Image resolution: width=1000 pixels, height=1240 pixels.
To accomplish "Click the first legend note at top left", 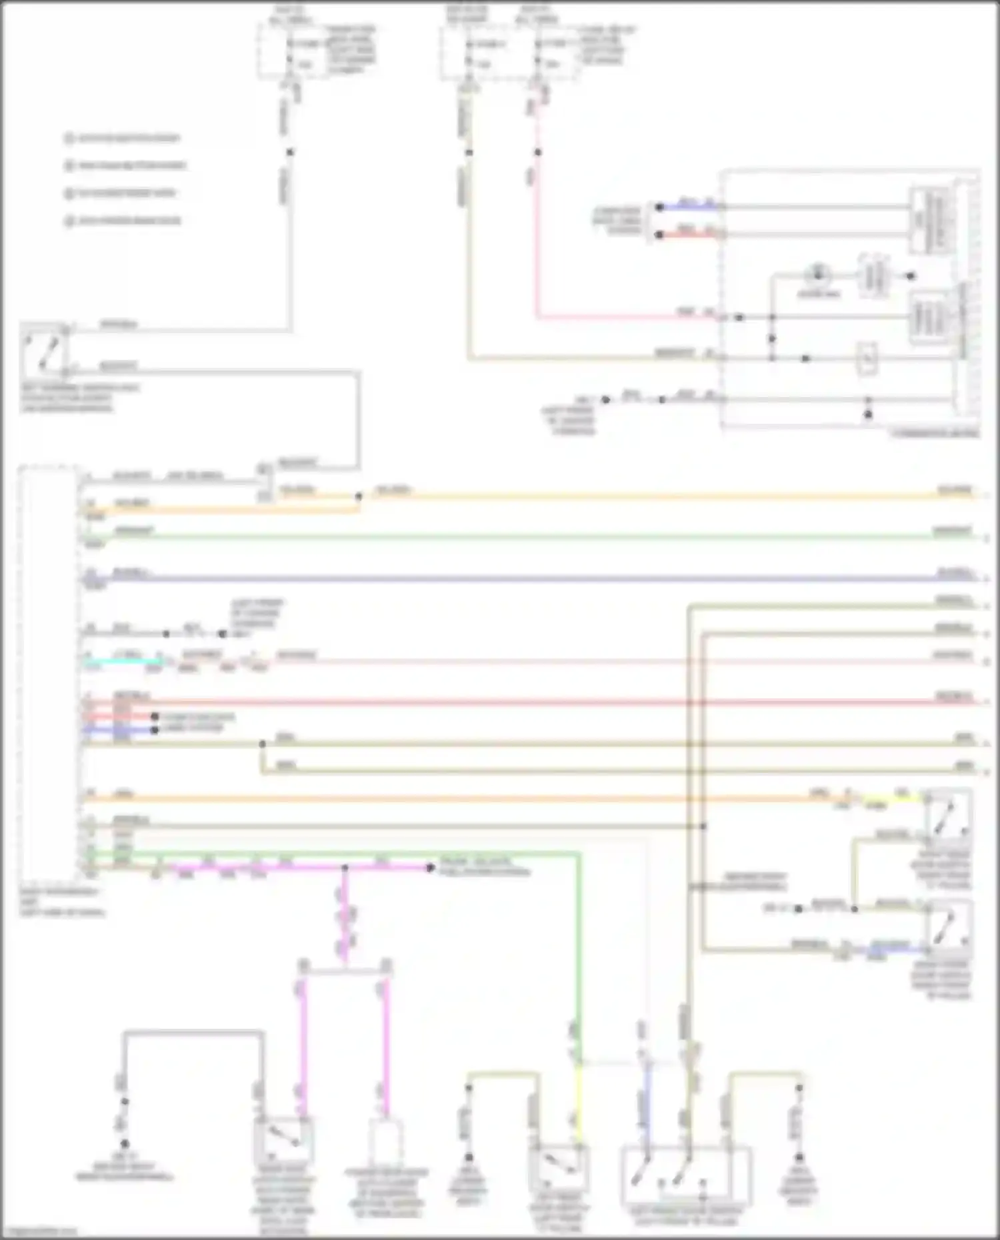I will click(x=123, y=139).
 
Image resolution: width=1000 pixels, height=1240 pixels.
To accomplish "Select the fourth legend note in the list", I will click(x=123, y=221).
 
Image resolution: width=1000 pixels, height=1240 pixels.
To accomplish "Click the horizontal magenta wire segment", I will click(x=300, y=868).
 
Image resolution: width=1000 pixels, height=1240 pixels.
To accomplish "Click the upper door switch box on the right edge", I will click(x=949, y=814).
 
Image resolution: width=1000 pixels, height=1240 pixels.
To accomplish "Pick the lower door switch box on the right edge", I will click(x=949, y=924).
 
